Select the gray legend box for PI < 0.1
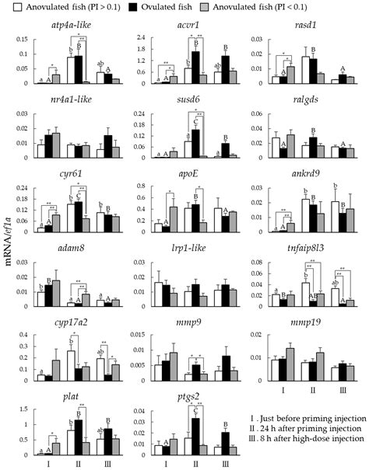(x=224, y=8)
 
